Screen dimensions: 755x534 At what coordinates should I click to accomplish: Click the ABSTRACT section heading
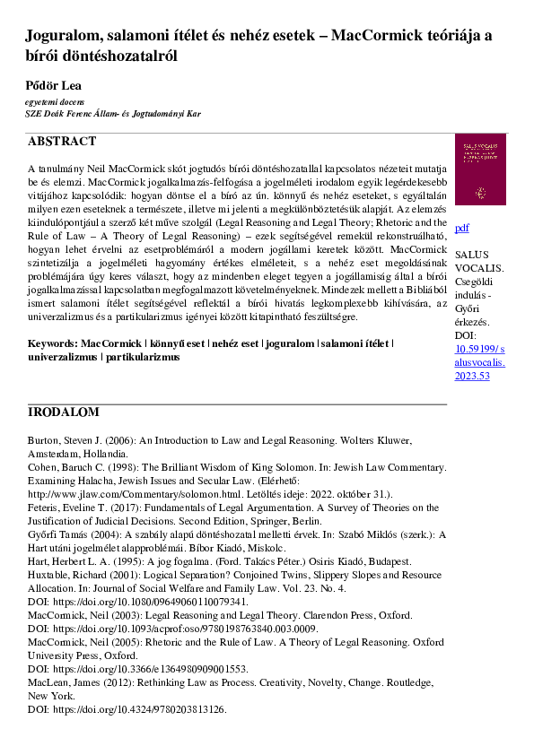coord(61,142)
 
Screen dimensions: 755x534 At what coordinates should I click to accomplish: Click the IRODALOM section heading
coord(64,412)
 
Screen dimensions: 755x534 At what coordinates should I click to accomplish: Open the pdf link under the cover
coord(462,228)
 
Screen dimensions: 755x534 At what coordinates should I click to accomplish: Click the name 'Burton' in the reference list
coord(44,443)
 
